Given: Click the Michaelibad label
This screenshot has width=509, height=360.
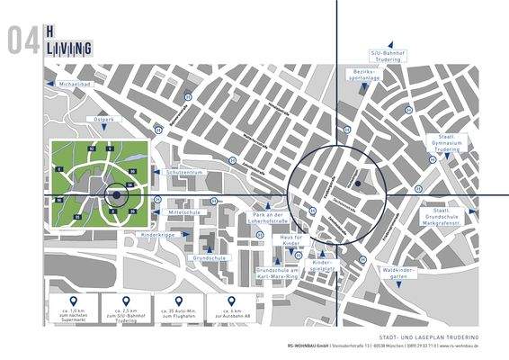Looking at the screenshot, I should click(x=73, y=84).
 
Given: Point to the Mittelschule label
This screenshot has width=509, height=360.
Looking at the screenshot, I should click(x=184, y=211).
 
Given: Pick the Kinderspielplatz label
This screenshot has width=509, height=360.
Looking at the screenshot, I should click(x=322, y=265).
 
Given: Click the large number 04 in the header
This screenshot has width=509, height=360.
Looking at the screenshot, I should click(x=21, y=40).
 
